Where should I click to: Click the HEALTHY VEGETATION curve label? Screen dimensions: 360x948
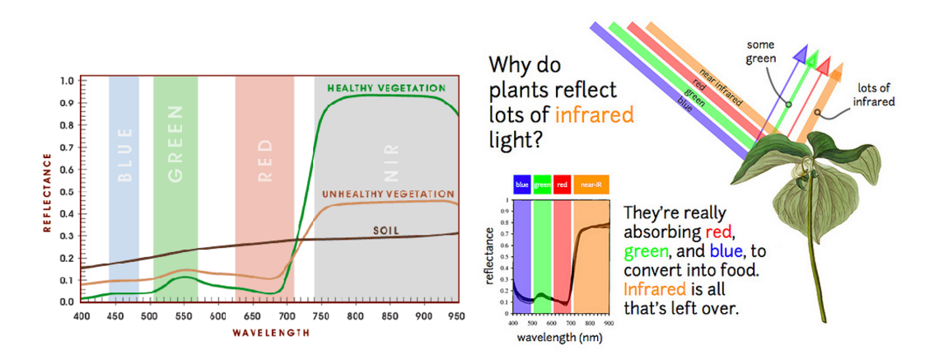tap(385, 87)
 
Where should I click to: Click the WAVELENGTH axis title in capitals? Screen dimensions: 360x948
tap(271, 333)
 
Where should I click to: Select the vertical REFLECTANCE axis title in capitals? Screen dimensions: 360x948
tap(47, 191)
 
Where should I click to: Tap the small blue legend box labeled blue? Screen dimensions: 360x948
tap(521, 185)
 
